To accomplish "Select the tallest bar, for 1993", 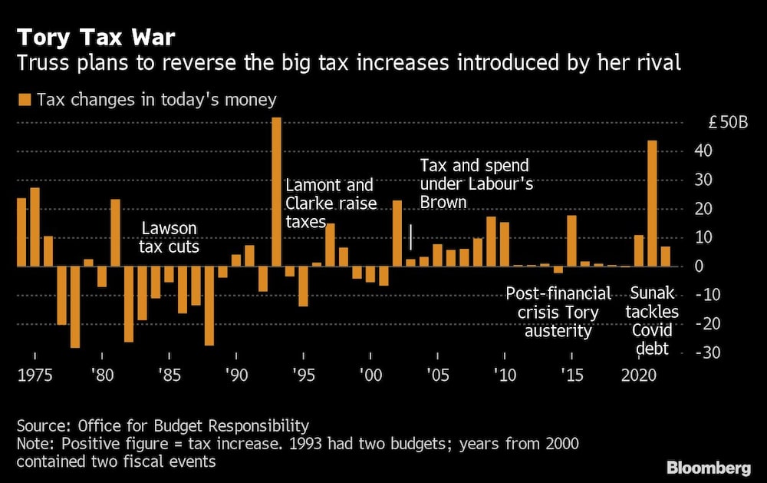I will point(277,192).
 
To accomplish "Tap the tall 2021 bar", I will point(653,203).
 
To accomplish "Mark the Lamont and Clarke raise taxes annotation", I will point(329,203).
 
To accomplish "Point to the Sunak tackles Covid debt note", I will point(653,321).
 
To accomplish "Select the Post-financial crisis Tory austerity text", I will point(558,312).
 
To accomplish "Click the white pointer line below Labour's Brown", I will point(410,237).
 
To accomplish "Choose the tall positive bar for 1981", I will point(115,233).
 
